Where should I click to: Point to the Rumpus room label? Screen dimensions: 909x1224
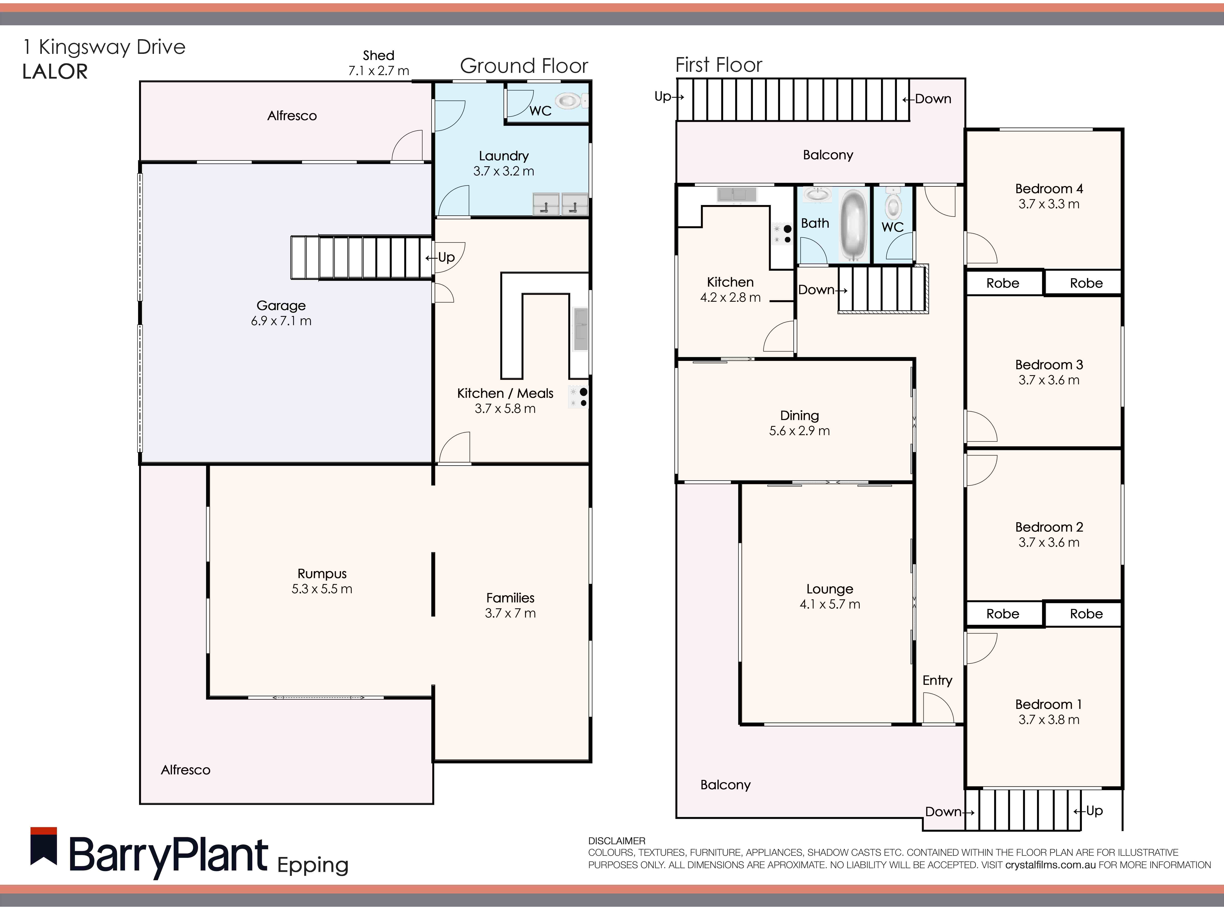[x=322, y=573]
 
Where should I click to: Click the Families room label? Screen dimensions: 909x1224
[x=510, y=598]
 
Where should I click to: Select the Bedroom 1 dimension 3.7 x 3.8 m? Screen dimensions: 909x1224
[x=1048, y=720]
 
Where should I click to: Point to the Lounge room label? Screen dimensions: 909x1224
[x=830, y=589]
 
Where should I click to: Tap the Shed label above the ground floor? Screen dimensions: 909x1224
[x=378, y=55]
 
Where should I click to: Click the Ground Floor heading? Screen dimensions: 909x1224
[x=524, y=66]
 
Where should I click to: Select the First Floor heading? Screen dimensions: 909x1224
[x=718, y=65]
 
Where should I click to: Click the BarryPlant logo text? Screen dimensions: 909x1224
[x=168, y=855]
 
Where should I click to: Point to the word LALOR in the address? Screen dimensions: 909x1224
[x=55, y=72]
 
